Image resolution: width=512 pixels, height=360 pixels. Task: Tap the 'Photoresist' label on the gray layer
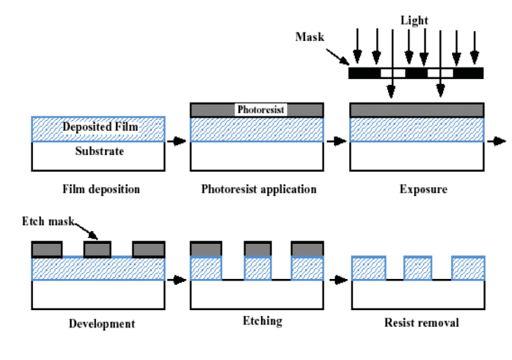260,110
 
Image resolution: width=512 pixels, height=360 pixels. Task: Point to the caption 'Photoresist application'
258,190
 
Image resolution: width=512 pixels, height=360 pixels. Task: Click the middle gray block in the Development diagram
97,250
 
